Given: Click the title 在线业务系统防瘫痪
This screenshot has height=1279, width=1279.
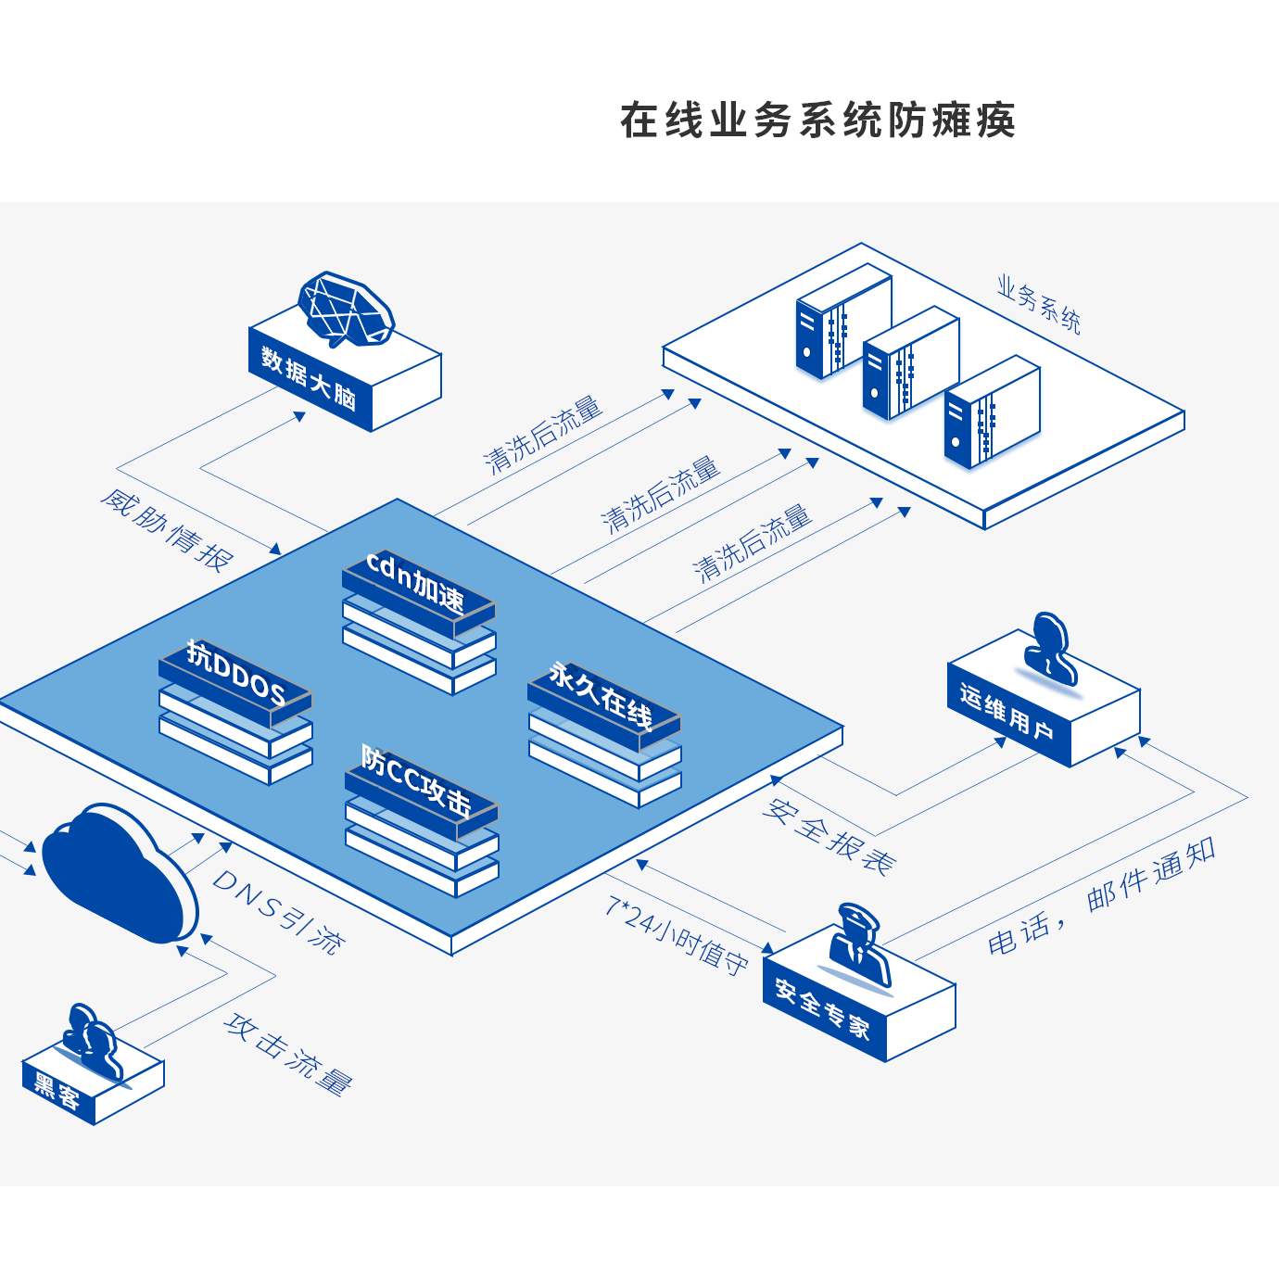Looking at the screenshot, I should (x=817, y=120).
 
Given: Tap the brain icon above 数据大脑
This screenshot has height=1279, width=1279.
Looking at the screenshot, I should (x=346, y=310).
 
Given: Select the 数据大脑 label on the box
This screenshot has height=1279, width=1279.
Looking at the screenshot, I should (x=309, y=378).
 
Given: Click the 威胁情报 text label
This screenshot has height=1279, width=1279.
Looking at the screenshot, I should (x=167, y=531).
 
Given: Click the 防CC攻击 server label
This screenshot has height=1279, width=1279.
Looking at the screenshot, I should (x=416, y=780).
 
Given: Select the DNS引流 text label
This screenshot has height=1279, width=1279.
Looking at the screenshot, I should (x=278, y=911).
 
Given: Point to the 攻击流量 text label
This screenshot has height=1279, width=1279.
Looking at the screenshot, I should (x=288, y=1054).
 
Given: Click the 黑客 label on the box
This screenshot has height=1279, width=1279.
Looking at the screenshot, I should (x=57, y=1090).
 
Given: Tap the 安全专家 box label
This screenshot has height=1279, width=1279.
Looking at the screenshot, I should (x=822, y=1008).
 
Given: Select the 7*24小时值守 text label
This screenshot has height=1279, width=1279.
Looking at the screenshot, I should (x=677, y=933).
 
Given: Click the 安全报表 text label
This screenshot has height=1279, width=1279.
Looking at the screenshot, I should (x=829, y=836).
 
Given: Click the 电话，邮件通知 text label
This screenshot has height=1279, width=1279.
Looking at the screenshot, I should (x=1102, y=896).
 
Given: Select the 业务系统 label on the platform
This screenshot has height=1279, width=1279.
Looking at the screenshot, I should (x=1039, y=303).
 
